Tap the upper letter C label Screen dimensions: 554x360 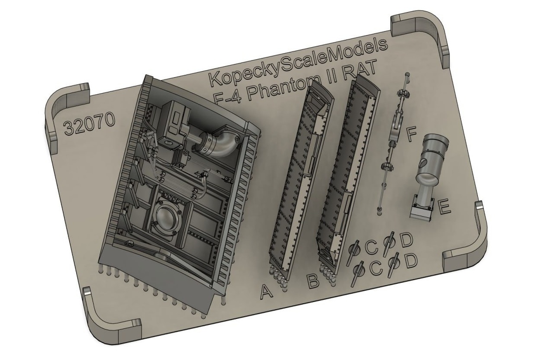point(371,247)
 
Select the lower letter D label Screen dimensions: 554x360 point(410,261)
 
